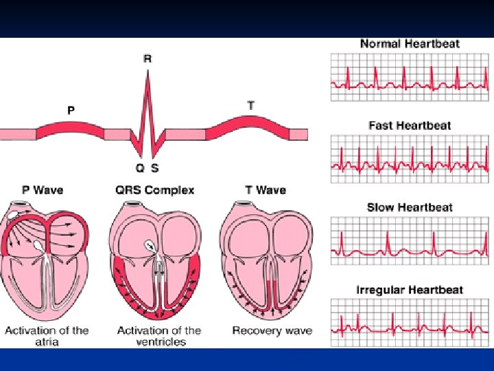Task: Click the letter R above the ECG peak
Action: point(148,58)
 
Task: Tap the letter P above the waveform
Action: point(71,109)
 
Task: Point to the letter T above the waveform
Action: point(251,105)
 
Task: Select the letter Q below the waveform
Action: point(139,168)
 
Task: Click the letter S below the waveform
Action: point(155,168)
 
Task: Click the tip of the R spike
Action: point(148,71)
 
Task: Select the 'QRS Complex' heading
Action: point(154,190)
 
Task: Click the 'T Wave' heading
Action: point(265,190)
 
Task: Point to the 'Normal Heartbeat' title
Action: point(410,43)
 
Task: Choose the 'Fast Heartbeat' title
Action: point(410,126)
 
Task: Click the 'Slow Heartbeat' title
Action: point(410,207)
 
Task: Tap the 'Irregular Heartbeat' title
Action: point(410,290)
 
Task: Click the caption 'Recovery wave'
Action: point(272,331)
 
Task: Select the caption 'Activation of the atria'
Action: point(47,336)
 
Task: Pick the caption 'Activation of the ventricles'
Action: point(159,336)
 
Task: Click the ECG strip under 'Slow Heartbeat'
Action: point(410,240)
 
